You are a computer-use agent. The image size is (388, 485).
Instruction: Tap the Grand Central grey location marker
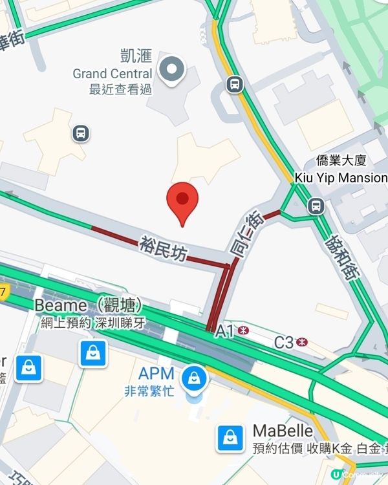[173, 70]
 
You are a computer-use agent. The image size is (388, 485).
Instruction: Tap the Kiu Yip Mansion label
[341, 177]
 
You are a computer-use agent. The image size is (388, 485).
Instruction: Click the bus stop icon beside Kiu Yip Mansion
[316, 206]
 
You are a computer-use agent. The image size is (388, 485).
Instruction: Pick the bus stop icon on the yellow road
[234, 83]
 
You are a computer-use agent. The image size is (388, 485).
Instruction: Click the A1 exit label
[224, 332]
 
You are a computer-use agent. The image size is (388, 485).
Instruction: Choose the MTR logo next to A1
[243, 331]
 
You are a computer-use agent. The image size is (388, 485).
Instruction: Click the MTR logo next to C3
[301, 343]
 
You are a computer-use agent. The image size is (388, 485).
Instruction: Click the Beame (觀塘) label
[88, 305]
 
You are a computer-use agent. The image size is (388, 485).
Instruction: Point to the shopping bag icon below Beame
[93, 352]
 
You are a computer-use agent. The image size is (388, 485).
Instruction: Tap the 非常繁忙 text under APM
[149, 392]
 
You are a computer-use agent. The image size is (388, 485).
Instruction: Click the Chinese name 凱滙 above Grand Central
[135, 56]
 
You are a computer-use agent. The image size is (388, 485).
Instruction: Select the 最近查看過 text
[120, 89]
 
